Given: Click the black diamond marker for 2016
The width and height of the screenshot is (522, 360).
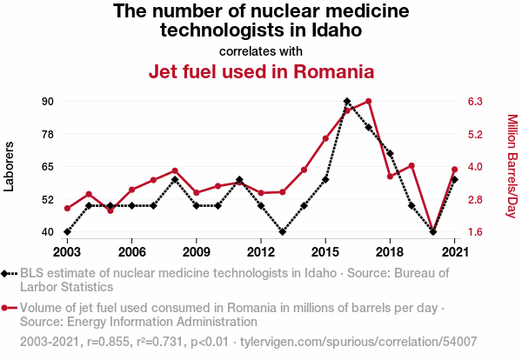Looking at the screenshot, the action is (x=347, y=101).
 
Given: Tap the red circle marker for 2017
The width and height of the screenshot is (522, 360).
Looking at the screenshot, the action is (x=368, y=101).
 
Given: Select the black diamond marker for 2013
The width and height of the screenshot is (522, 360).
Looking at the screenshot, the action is (x=282, y=231).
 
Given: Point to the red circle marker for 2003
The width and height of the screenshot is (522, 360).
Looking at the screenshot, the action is (x=67, y=209).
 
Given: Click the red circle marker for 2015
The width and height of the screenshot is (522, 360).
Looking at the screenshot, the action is (x=325, y=138).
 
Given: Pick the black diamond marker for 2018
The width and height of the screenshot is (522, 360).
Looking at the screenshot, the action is (x=390, y=153).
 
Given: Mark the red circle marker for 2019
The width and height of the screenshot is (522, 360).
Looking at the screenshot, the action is (x=412, y=166).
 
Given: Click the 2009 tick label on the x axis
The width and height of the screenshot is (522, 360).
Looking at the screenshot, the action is (x=196, y=252).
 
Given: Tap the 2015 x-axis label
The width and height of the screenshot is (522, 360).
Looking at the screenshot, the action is (x=325, y=252).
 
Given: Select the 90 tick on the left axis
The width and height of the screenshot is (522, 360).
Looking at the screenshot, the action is (x=48, y=101).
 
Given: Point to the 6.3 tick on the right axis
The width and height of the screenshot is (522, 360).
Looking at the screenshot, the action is (x=475, y=101).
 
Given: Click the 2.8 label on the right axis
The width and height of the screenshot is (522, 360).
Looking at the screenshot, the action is (x=475, y=200).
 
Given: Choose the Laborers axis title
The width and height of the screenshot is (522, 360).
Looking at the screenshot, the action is (x=9, y=166).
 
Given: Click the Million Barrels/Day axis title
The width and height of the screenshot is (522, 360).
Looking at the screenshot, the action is (x=512, y=166).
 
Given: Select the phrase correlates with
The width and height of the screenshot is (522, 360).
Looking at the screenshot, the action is (x=261, y=51).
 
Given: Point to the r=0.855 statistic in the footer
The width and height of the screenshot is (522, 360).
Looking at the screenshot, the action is (x=108, y=342).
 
